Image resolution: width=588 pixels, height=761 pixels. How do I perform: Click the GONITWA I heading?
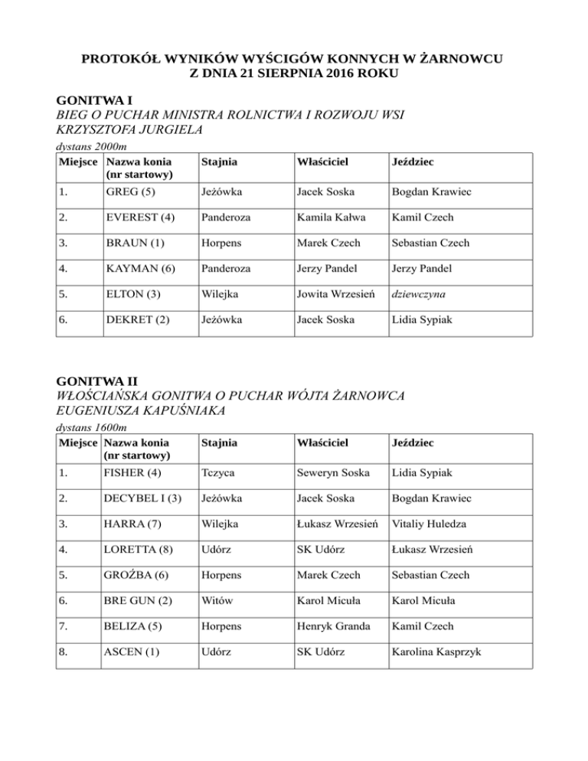coord(90,100)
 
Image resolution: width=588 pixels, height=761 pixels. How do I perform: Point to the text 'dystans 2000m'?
coord(93,145)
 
